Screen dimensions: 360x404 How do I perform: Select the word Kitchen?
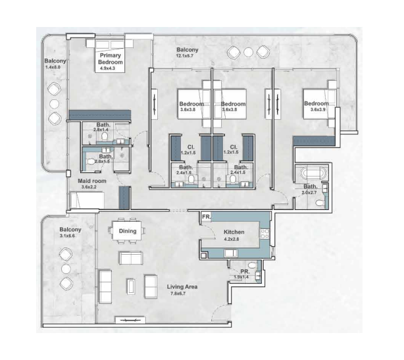(x=234, y=233)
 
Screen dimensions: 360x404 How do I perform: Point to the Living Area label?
(x=182, y=287)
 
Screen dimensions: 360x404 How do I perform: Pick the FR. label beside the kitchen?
(x=206, y=216)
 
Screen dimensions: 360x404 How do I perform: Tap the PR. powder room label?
(x=243, y=270)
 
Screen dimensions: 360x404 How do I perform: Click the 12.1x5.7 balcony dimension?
(x=188, y=57)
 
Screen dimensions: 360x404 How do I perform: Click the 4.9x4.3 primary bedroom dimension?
(x=111, y=68)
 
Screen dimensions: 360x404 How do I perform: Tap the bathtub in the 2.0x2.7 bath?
(x=311, y=174)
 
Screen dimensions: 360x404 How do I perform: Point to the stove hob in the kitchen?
(x=265, y=234)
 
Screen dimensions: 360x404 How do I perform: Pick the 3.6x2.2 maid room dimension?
(x=89, y=187)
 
